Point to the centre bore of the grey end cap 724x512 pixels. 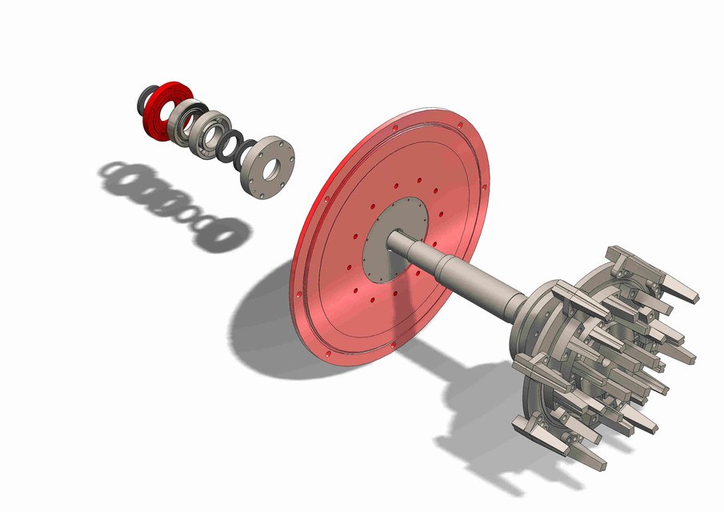272,169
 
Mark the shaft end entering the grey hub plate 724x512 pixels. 397,238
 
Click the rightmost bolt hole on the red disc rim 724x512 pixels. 484,189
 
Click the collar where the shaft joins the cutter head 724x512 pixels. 518,308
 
